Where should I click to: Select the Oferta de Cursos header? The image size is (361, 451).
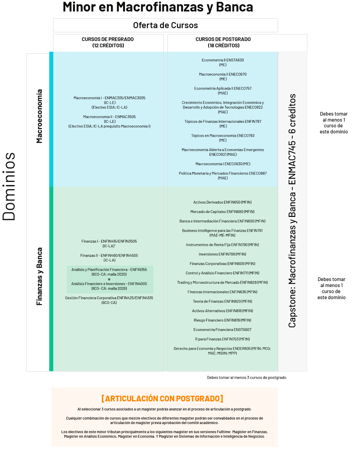pos(165,25)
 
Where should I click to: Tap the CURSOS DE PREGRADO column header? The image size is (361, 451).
pos(108,42)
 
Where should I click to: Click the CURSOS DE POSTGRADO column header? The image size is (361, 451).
pos(223,42)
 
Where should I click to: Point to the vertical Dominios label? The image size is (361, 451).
pos(9,186)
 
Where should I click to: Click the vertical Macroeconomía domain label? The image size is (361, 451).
pos(39,116)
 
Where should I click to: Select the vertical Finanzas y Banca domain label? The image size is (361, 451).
pos(39,276)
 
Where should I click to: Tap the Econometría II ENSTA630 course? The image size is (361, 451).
pos(223,62)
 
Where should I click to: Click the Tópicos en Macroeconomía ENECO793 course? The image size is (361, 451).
pos(223,138)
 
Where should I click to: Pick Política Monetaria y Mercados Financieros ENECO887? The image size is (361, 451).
pos(223,176)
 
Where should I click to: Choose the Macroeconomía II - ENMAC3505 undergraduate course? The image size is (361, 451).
pos(109,122)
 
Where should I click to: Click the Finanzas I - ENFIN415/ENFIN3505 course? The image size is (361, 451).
pos(109,243)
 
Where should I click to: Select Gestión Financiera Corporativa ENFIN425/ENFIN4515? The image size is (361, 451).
pos(109,300)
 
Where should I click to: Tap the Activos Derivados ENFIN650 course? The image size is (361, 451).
pos(223,202)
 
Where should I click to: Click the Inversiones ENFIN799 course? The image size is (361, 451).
pos(223,254)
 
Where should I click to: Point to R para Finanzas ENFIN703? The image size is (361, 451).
pos(223,339)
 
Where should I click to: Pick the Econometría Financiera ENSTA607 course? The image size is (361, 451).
pos(223,330)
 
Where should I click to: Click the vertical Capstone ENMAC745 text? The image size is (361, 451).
pos(292,211)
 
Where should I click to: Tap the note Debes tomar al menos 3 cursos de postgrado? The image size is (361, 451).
pos(247,378)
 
